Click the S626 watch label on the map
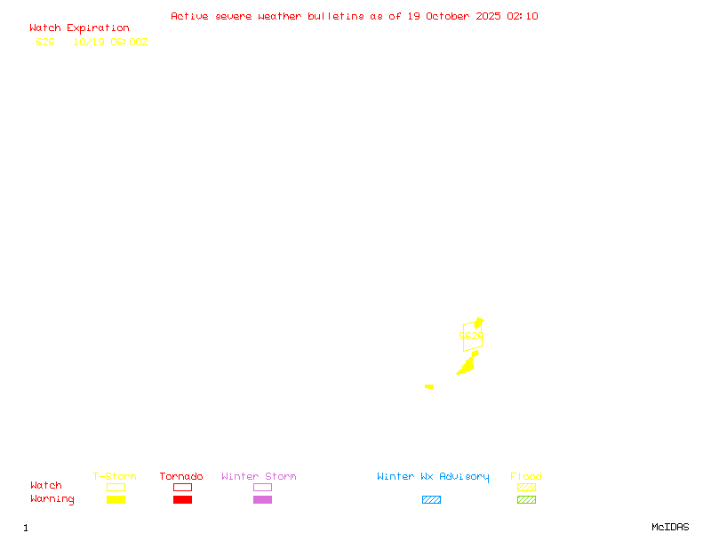471,337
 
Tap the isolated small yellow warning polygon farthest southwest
429,386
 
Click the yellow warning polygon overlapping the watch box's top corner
479,322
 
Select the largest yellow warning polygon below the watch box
467,365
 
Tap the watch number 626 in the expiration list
45,42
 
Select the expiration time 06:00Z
129,42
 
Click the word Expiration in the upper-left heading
98,28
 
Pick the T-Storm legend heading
115,477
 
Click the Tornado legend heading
181,477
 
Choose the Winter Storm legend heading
259,477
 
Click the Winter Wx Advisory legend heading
433,477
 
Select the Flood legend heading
526,477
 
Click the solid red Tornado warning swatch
182,500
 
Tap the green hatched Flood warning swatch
526,500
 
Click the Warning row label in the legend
52,499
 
